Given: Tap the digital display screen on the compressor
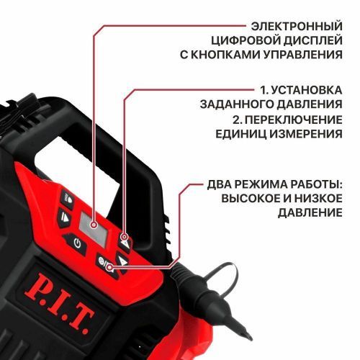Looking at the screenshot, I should pos(93,225).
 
